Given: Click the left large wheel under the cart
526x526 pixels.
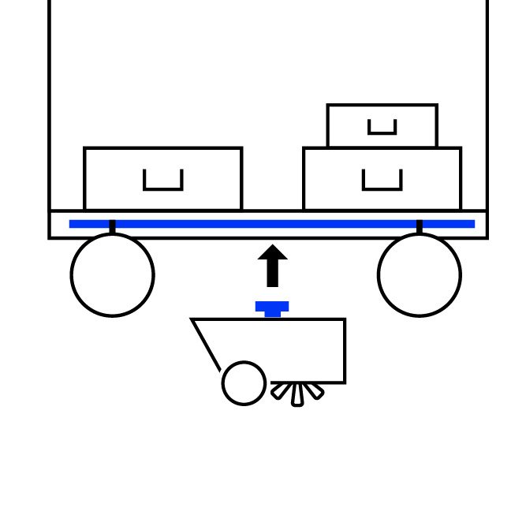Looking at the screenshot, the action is click(112, 274).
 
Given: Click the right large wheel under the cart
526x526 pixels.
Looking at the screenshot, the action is click(419, 274).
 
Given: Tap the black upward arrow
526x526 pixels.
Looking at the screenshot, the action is click(272, 268).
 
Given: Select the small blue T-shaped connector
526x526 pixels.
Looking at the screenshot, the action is click(272, 308).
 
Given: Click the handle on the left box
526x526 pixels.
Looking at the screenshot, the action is click(163, 186).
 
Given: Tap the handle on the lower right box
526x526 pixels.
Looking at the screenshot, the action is click(382, 186).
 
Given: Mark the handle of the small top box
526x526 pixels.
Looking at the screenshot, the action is click(382, 130).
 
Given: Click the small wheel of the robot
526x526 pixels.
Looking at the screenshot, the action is click(244, 383).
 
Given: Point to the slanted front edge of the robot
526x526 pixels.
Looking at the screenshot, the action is click(206, 345).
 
